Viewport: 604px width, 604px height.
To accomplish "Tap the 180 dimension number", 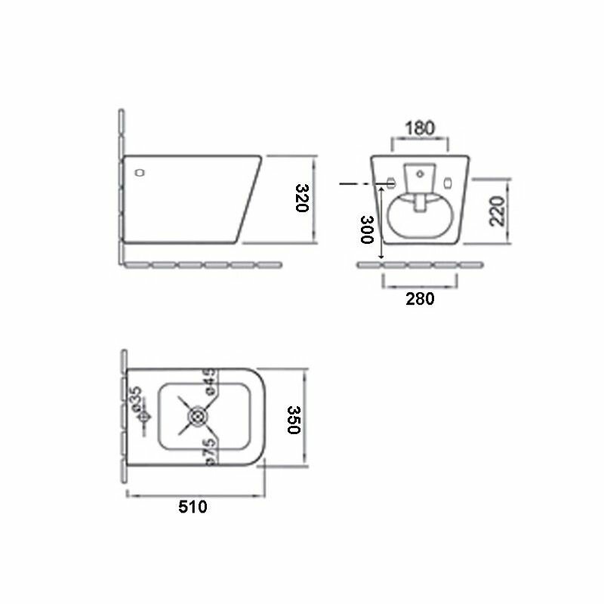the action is pos(420,128).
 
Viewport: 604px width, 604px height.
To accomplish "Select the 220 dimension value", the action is pos(497,211).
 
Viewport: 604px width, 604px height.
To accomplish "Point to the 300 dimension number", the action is pos(367,230).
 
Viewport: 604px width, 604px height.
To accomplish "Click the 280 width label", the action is pos(420,299).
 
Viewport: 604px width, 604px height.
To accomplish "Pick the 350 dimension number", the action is pos(294,420).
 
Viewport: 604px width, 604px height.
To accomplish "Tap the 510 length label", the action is pos(193,507).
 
